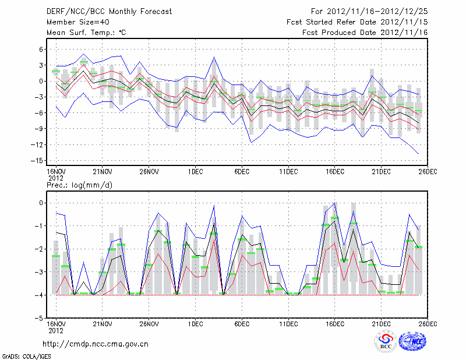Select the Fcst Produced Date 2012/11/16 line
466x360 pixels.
(365, 33)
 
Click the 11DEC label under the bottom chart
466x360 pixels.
(288, 323)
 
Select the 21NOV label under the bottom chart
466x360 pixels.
(102, 323)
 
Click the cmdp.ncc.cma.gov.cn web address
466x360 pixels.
(96, 344)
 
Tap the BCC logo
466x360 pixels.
(386, 342)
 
